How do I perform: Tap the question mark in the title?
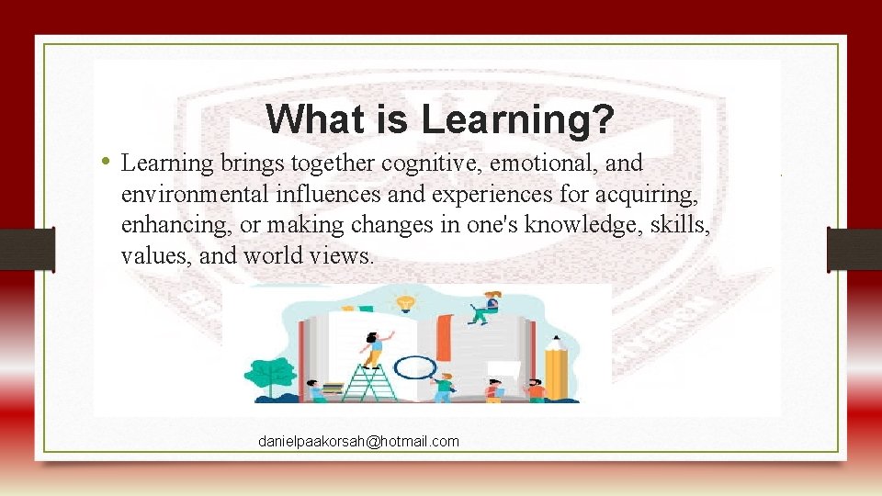(603, 118)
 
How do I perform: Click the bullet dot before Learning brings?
(107, 163)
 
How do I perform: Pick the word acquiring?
(655, 195)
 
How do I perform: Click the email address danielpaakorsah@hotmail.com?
(358, 442)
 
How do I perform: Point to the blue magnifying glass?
(419, 367)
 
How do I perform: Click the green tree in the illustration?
(272, 376)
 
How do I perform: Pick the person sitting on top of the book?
(484, 307)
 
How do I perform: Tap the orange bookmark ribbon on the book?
(445, 336)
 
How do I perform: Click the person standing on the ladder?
(373, 347)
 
